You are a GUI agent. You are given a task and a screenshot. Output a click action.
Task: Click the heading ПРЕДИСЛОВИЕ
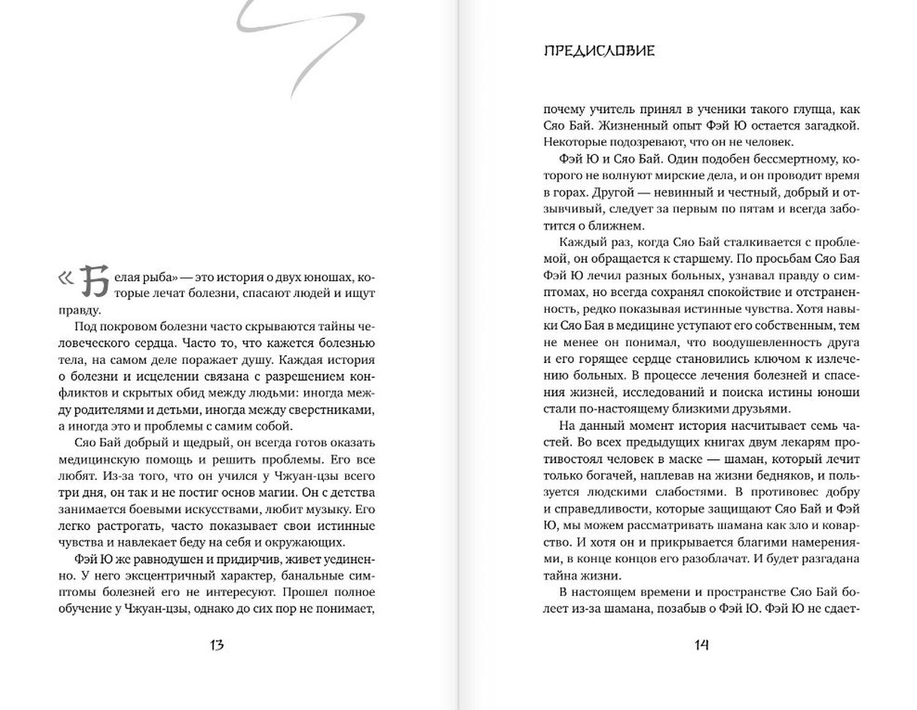(x=599, y=51)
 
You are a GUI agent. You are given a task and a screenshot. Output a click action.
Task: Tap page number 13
(x=216, y=645)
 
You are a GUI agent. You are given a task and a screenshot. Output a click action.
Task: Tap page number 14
(x=701, y=645)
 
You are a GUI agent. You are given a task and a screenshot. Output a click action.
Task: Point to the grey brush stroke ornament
(x=300, y=43)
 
